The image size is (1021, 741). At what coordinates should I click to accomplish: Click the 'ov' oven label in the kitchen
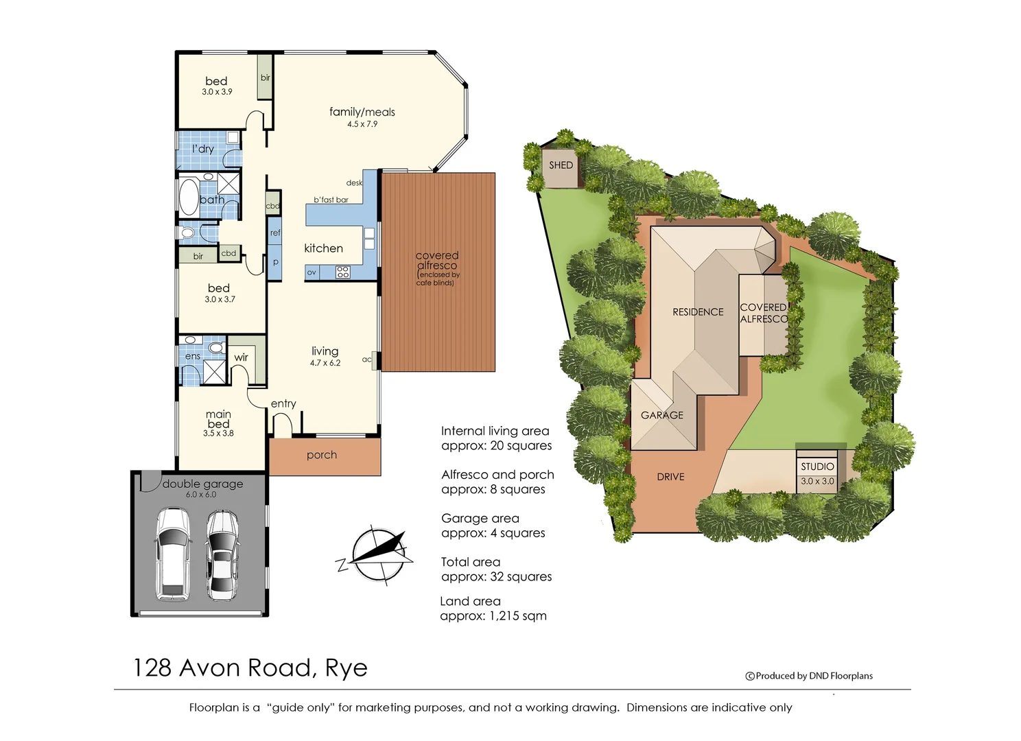click(312, 272)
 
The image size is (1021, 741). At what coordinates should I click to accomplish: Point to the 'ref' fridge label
click(275, 233)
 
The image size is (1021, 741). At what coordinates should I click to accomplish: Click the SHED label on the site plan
click(561, 165)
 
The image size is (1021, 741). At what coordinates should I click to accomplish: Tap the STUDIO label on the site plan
click(817, 467)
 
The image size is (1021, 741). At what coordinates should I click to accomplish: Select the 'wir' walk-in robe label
click(241, 357)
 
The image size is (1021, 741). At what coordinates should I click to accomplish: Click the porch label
click(322, 455)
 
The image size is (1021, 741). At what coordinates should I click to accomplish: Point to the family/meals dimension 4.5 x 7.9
click(362, 124)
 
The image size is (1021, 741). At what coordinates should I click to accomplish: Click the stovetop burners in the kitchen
click(343, 272)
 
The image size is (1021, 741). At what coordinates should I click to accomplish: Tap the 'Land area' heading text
click(470, 602)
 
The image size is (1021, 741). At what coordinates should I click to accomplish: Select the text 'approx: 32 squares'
click(496, 577)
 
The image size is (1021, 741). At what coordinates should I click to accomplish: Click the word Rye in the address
click(346, 668)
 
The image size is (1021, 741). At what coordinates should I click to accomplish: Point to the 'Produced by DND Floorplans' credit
click(810, 676)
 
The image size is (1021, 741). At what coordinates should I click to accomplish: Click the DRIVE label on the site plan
click(670, 477)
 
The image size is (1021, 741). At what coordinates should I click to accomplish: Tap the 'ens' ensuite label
click(193, 356)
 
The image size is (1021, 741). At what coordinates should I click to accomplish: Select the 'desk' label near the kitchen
click(354, 183)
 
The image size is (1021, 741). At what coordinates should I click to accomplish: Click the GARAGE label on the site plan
click(661, 415)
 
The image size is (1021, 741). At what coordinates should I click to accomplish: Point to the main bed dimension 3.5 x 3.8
click(218, 434)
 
